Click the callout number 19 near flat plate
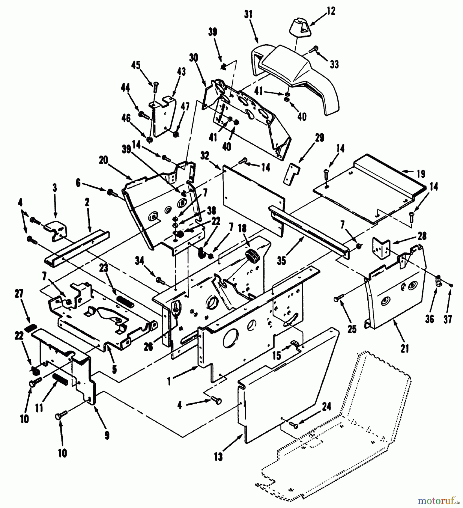click(421, 174)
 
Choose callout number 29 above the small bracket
click(320, 138)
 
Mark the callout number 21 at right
click(404, 349)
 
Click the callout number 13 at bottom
click(218, 456)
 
